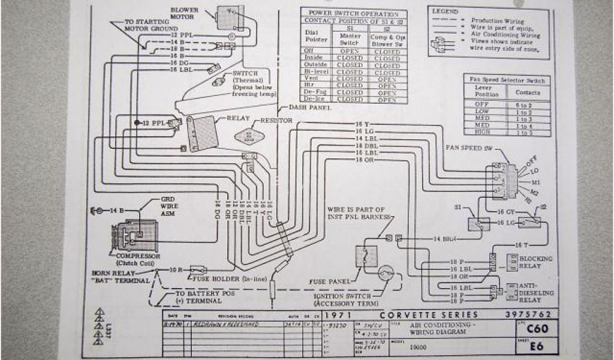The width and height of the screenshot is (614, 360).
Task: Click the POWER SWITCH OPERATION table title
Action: pyautogui.click(x=353, y=13)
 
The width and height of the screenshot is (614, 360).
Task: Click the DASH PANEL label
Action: pyautogui.click(x=309, y=107)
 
